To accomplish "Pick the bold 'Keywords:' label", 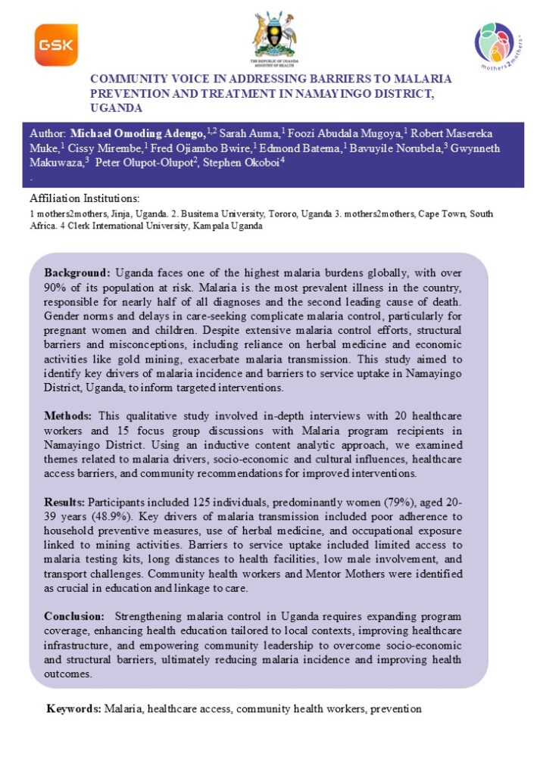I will [x=74, y=709].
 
